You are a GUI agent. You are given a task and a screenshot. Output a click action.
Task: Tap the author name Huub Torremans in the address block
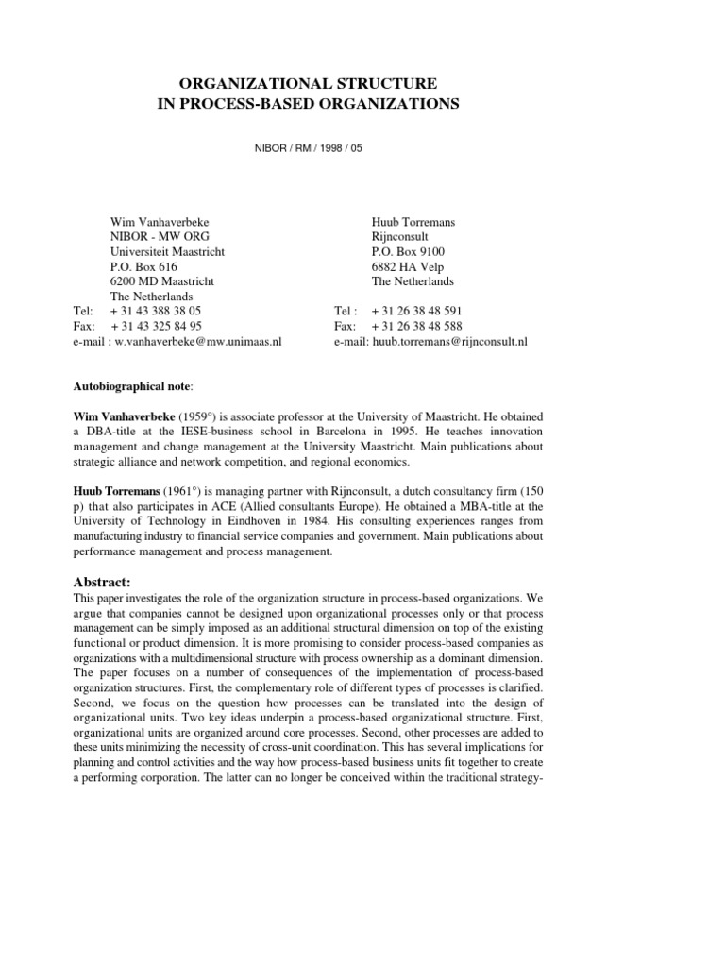[x=413, y=223]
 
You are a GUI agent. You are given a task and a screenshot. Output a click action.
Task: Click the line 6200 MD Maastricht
[x=162, y=281]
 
